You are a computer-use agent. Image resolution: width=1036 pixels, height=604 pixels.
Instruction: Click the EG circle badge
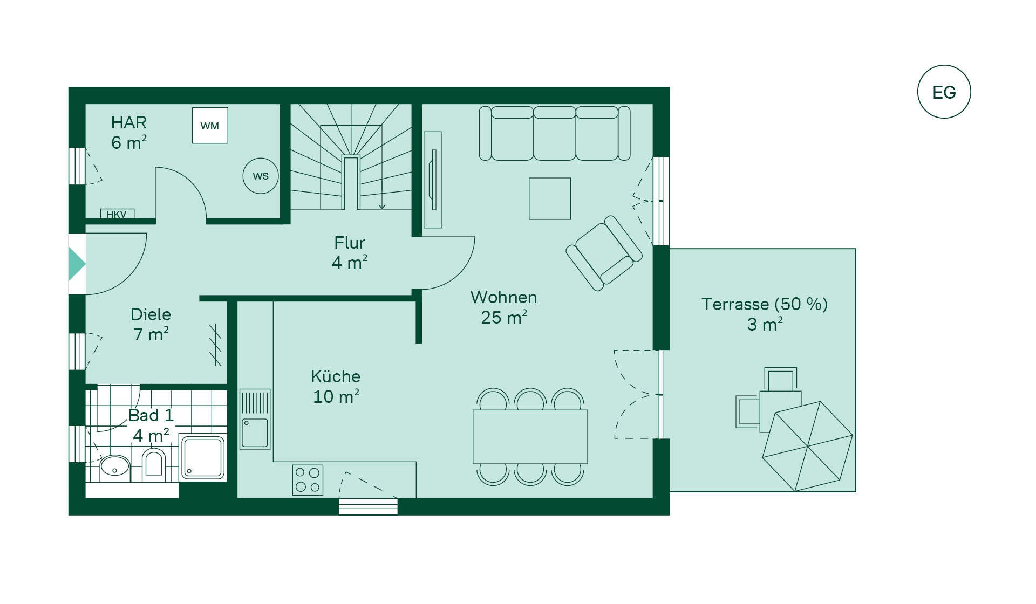(x=944, y=92)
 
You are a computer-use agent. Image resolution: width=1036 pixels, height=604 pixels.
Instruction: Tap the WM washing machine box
(x=210, y=126)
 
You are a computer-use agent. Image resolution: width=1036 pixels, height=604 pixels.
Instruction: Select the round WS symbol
(x=261, y=176)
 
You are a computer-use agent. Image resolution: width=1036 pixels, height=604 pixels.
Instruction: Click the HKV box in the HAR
(x=117, y=214)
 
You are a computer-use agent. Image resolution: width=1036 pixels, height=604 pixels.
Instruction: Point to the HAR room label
(x=129, y=132)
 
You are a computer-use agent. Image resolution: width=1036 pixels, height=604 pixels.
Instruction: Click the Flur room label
(x=350, y=252)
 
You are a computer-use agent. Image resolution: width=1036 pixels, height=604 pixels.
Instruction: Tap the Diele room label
(x=151, y=324)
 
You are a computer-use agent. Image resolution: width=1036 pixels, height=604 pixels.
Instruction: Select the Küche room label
(x=336, y=386)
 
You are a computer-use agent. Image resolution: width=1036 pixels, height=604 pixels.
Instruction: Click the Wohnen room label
(x=503, y=307)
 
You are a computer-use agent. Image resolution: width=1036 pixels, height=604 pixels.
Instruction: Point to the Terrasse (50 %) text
(x=765, y=304)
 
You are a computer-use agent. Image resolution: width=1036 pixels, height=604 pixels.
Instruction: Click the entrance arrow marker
(x=77, y=264)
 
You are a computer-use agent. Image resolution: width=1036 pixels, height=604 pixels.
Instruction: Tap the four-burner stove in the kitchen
(x=308, y=480)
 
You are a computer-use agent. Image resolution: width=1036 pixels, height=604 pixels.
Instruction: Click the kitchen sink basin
(x=255, y=433)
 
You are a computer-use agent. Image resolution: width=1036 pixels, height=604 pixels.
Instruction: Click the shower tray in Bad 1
(x=202, y=458)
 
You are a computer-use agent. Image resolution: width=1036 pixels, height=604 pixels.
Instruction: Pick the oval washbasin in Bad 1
(x=115, y=466)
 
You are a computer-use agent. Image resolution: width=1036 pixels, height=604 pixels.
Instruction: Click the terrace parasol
(x=807, y=447)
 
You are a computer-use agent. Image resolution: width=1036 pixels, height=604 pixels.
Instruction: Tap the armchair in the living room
(x=604, y=253)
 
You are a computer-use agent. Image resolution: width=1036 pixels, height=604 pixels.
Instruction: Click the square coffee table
(x=550, y=198)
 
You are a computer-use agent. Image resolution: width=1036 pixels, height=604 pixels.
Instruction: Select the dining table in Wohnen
(x=530, y=437)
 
